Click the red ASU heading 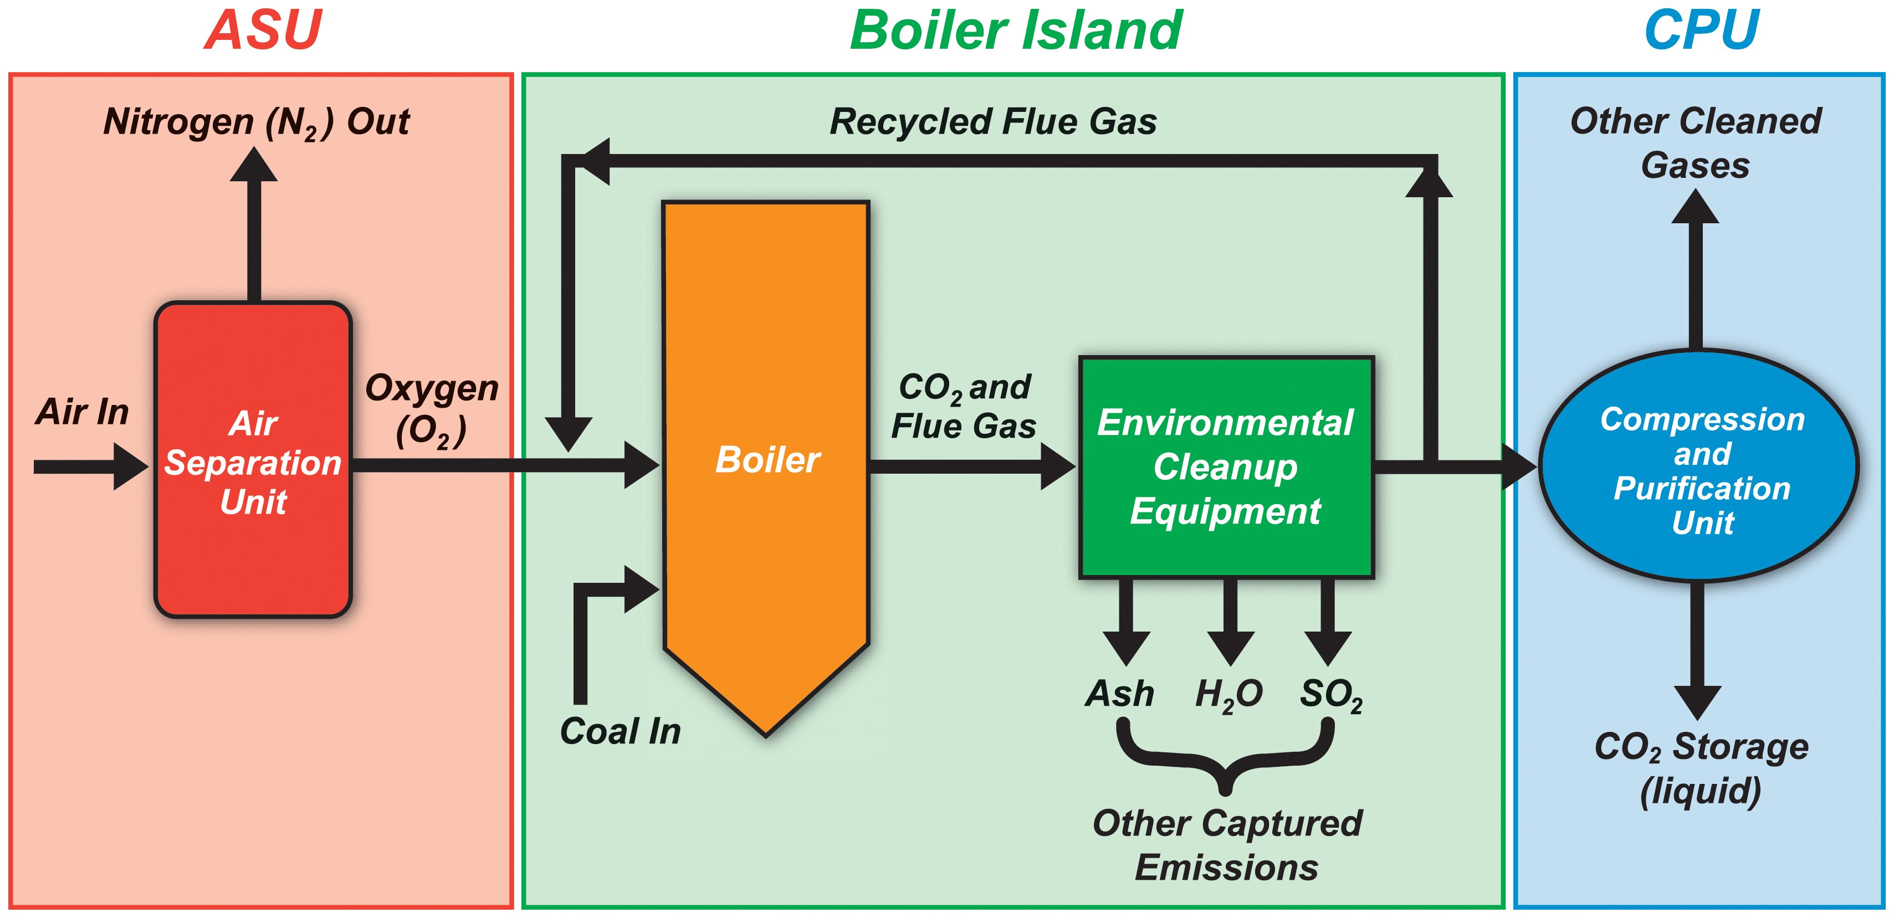tap(263, 31)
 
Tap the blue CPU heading tap(1701, 31)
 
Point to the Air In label tap(83, 412)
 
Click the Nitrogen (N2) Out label tap(256, 122)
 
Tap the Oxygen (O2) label tap(432, 409)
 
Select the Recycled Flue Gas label tap(992, 122)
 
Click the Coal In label tap(621, 731)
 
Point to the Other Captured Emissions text tap(1226, 845)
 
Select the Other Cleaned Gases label tap(1696, 143)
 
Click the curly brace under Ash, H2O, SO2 tap(1225, 757)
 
